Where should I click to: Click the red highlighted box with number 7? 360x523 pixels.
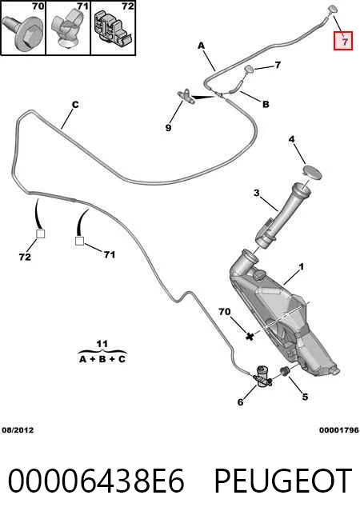click(343, 41)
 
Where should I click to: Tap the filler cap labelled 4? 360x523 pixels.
click(312, 173)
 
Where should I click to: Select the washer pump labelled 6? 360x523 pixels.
click(262, 377)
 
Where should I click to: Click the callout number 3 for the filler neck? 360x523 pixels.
click(256, 193)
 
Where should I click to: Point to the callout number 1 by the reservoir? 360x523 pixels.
click(302, 267)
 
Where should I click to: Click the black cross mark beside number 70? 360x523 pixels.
click(250, 336)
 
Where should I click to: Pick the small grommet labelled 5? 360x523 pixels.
click(285, 370)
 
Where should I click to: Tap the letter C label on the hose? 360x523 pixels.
click(75, 105)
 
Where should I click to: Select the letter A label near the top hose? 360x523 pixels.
click(201, 46)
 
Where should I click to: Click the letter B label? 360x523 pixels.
click(266, 105)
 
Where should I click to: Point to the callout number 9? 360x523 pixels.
click(169, 128)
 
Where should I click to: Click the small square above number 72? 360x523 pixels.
click(40, 234)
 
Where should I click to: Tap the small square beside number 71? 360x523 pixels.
click(79, 241)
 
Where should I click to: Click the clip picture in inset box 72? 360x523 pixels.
click(113, 28)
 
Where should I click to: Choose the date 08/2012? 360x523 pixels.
click(18, 430)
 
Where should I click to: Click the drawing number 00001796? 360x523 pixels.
click(339, 430)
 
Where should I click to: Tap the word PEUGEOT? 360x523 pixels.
click(283, 481)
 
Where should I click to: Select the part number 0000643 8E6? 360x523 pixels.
click(96, 481)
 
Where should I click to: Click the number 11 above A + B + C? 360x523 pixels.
click(102, 344)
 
